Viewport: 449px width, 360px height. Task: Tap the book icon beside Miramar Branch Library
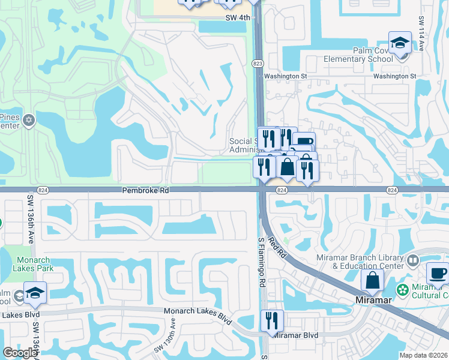pyautogui.click(x=412, y=260)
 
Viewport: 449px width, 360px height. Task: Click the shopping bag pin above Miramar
pyautogui.click(x=373, y=280)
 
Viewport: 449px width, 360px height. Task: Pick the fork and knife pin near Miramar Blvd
pyautogui.click(x=272, y=321)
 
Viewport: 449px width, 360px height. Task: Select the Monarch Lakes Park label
pyautogui.click(x=28, y=263)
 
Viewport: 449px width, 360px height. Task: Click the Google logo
pyautogui.click(x=20, y=353)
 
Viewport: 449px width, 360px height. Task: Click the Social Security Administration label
pyautogui.click(x=244, y=146)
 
